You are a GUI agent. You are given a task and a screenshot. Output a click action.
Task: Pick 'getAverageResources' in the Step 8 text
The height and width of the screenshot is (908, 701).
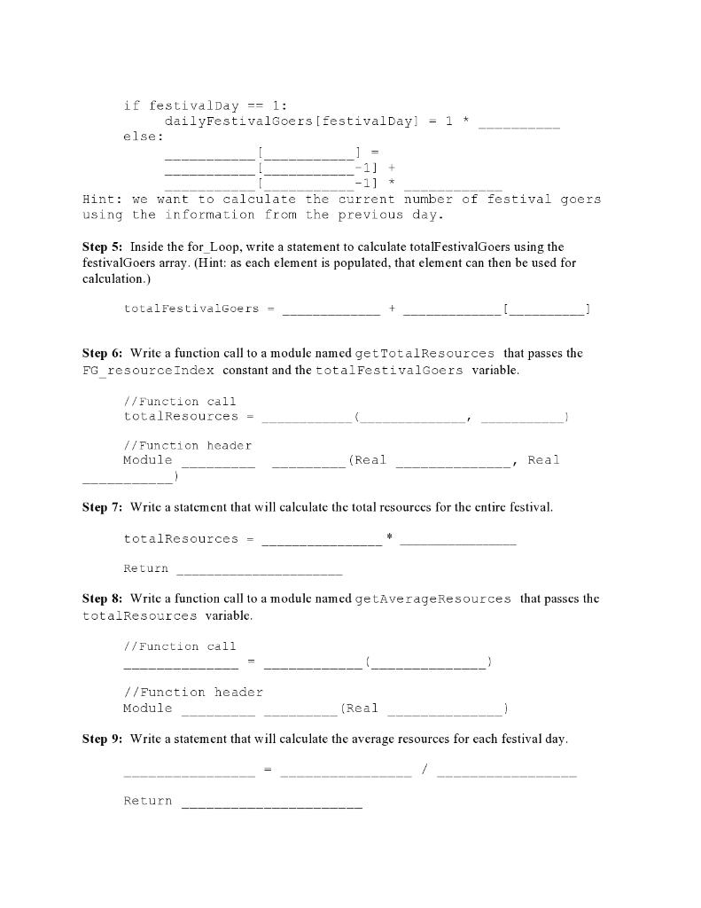[432, 599]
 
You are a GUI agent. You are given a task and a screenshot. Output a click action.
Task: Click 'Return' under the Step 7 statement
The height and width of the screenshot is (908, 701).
[146, 568]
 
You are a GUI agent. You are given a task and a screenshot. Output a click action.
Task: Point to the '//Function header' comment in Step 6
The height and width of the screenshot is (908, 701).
[187, 445]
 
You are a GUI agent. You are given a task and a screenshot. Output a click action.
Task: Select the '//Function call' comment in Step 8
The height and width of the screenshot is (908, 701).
[180, 646]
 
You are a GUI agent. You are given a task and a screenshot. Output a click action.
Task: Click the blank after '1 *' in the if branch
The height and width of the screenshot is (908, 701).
[518, 121]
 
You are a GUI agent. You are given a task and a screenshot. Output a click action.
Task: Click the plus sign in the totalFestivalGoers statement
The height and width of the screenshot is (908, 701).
[392, 309]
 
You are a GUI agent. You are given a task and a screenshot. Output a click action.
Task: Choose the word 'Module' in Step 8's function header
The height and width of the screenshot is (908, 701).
[148, 708]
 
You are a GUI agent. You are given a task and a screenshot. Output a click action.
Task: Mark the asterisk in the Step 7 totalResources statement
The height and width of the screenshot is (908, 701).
[390, 537]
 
